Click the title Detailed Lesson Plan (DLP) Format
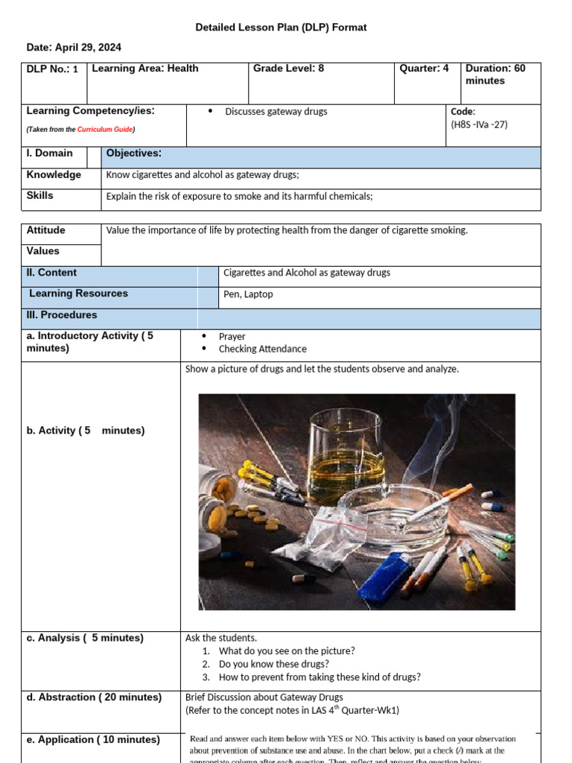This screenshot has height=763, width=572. point(281,28)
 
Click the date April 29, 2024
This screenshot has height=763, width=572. point(74,47)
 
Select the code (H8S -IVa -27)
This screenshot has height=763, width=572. point(479,124)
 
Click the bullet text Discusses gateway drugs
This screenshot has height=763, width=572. point(276,112)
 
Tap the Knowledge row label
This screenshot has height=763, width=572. point(54,175)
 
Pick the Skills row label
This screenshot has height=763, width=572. point(40,196)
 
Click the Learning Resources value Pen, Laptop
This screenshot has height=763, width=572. point(248,294)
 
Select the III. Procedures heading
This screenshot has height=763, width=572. point(62,315)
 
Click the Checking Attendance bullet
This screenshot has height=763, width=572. point(262,349)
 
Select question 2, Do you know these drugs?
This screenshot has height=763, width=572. point(273,664)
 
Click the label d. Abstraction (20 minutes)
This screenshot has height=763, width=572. point(94,697)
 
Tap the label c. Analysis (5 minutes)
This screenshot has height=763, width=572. point(85,638)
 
